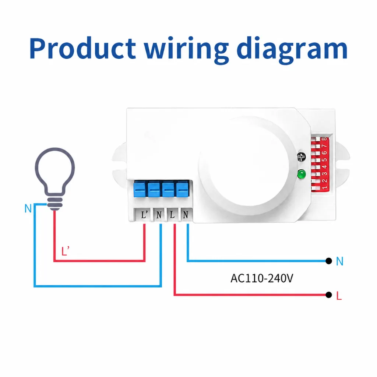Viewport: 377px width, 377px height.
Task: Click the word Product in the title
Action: (82, 48)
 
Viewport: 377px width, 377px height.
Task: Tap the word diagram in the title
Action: (292, 50)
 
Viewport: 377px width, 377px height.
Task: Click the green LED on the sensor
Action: (301, 174)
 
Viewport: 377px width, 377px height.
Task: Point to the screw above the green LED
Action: (301, 157)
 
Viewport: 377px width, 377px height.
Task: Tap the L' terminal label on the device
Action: (144, 215)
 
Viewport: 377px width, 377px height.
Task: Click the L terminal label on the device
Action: (172, 215)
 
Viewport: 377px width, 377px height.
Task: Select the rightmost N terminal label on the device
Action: (186, 215)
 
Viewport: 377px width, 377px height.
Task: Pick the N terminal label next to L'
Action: (159, 215)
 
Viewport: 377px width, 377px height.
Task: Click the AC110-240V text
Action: (262, 278)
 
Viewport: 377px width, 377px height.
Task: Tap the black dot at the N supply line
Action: (328, 261)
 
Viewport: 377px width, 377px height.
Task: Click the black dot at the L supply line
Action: (328, 295)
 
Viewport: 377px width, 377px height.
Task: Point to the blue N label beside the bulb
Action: (28, 208)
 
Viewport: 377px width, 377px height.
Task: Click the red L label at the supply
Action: (339, 296)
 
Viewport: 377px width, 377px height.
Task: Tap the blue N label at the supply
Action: (339, 261)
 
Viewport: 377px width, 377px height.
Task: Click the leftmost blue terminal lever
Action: (140, 189)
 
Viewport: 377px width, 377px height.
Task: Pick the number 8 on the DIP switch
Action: (324, 139)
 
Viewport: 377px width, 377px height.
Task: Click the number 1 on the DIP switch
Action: (324, 187)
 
